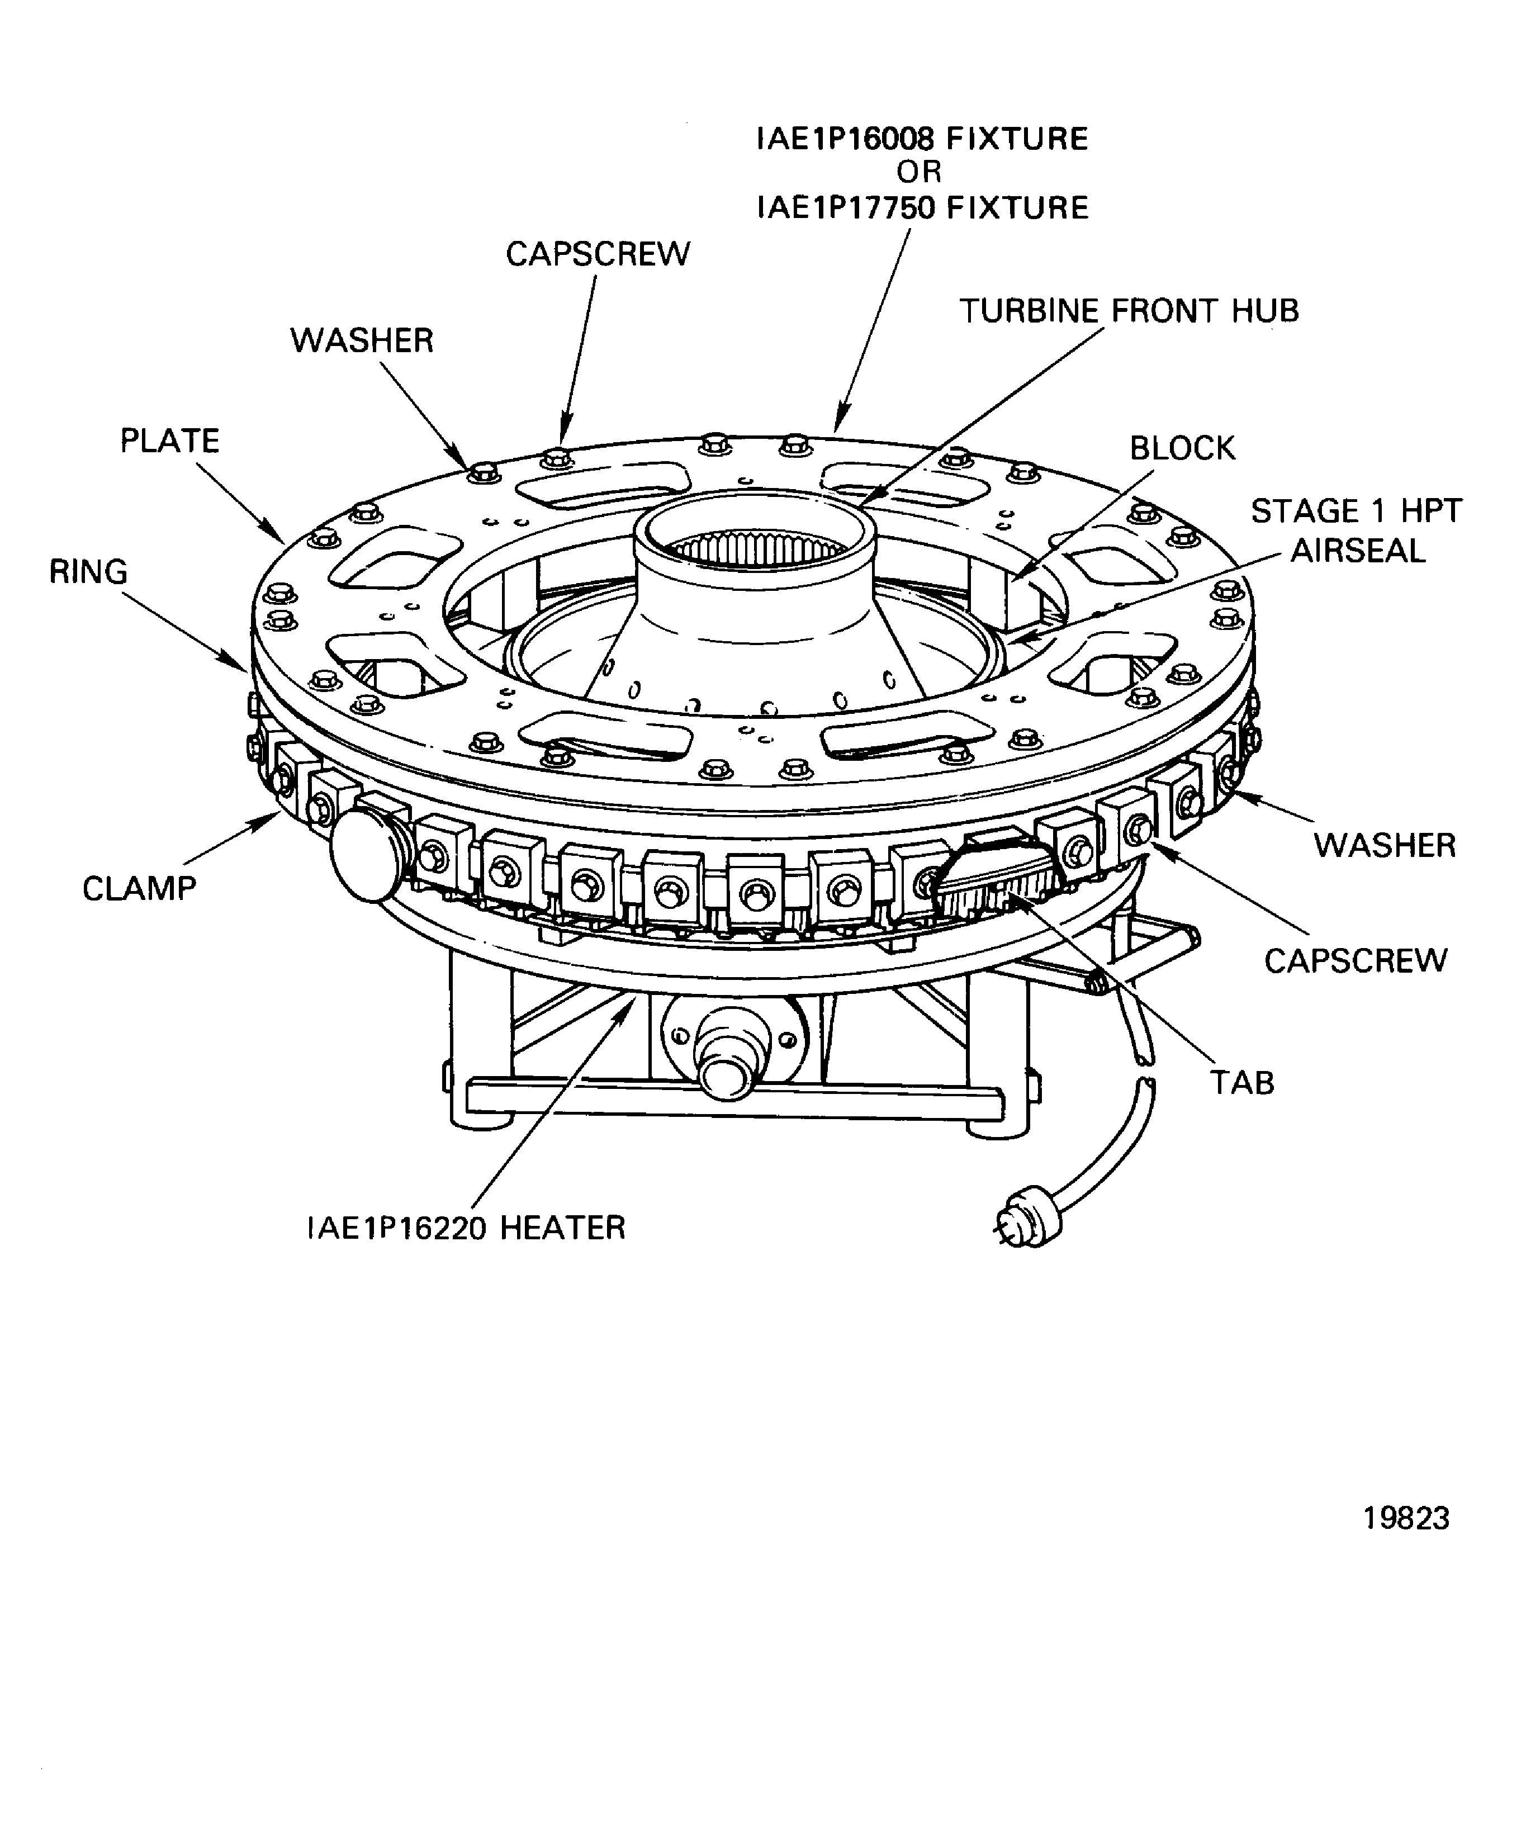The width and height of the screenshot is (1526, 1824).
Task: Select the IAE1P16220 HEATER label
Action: click(x=466, y=1228)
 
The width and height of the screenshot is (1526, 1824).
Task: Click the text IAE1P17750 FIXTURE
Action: click(x=922, y=209)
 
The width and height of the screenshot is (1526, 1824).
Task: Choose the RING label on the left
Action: click(x=88, y=571)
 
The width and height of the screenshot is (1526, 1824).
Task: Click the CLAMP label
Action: click(x=139, y=889)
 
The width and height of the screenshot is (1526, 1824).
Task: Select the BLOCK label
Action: click(x=1181, y=448)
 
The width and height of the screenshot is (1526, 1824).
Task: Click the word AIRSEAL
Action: click(x=1358, y=551)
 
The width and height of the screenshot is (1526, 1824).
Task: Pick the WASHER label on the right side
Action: click(x=1383, y=845)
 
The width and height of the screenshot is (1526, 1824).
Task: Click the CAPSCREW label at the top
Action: click(x=598, y=254)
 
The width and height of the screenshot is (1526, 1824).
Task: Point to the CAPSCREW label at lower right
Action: click(x=1355, y=961)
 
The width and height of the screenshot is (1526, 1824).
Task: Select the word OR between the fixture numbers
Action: click(x=919, y=173)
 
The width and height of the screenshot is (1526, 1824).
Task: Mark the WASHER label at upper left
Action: click(x=361, y=340)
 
